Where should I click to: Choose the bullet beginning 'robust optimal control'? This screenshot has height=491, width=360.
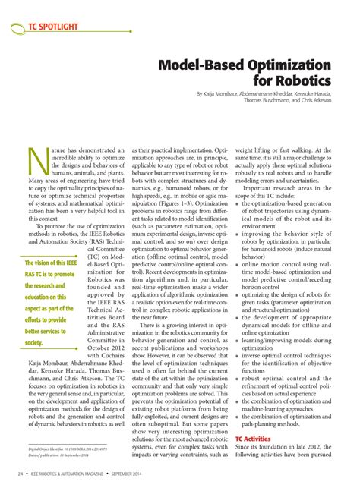292,376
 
